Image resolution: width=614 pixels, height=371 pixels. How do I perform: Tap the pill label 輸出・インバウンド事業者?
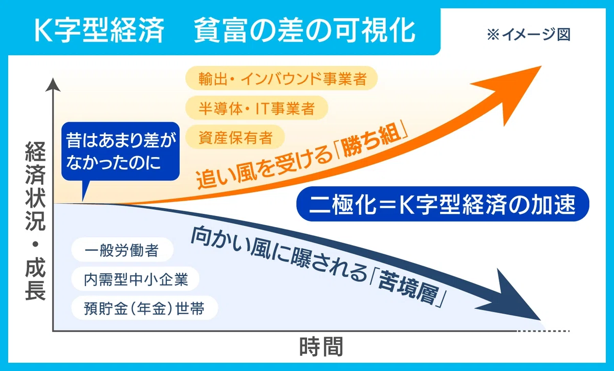[281, 78]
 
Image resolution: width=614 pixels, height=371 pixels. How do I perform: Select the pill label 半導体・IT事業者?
[256, 108]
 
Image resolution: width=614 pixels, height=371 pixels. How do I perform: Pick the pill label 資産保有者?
[235, 137]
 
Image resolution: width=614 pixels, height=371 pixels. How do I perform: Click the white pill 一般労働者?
[122, 250]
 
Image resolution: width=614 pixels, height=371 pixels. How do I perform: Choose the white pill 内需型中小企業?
[135, 279]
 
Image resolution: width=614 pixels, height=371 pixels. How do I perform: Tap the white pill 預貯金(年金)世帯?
[144, 308]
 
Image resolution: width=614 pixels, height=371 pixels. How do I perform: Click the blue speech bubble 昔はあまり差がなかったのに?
[120, 151]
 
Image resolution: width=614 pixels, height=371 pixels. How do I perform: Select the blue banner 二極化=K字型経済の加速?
[443, 204]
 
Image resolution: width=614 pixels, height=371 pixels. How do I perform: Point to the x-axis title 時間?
[321, 347]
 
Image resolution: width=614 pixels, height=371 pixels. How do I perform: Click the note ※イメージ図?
[529, 35]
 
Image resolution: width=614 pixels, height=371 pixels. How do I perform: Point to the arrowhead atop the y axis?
[53, 84]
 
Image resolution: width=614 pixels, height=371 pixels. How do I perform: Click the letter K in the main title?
[43, 30]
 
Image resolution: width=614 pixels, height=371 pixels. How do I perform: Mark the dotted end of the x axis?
[543, 331]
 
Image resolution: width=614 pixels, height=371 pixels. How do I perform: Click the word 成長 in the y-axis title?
[35, 279]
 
